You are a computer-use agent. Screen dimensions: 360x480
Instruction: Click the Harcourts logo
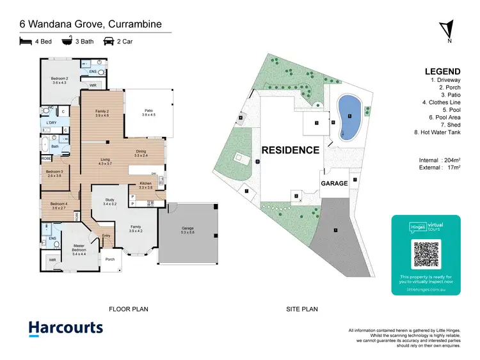tap(66, 328)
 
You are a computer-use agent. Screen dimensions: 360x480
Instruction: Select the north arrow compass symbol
tap(447, 29)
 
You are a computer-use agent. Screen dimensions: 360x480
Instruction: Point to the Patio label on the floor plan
tap(148, 113)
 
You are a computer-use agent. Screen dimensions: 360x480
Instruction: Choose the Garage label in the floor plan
tap(187, 230)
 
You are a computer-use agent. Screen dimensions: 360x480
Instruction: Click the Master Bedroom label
tap(79, 249)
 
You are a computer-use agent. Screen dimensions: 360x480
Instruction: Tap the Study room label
tap(110, 201)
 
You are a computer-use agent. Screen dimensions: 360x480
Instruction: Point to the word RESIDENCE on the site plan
tap(290, 151)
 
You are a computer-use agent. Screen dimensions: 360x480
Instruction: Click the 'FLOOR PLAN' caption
tap(128, 309)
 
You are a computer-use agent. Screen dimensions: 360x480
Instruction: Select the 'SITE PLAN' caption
tap(301, 309)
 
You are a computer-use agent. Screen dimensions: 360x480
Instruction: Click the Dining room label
tap(141, 152)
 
